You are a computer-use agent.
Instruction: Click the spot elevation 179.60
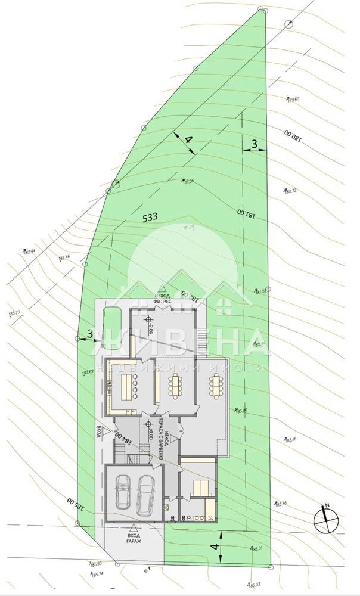[x=293, y=100]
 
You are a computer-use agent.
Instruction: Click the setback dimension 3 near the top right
[x=253, y=144]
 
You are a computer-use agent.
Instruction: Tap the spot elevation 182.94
[x=28, y=252]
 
